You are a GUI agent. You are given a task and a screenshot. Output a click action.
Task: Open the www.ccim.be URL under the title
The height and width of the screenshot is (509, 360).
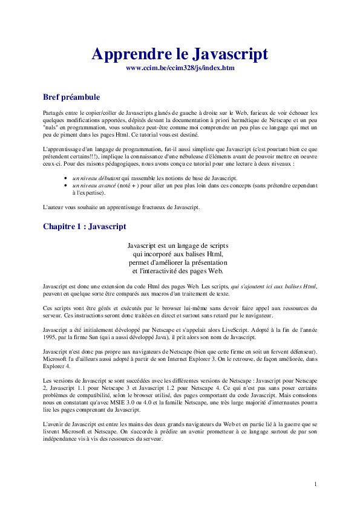click(180, 68)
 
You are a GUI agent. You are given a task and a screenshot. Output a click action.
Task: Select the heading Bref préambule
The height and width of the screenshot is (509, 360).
click(71, 97)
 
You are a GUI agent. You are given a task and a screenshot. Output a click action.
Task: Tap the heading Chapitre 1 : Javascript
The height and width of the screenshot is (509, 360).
click(85, 227)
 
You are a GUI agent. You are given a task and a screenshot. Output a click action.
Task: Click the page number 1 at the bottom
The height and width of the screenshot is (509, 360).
click(315, 484)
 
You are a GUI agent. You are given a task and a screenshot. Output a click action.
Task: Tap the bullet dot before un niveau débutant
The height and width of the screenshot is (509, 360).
click(65, 179)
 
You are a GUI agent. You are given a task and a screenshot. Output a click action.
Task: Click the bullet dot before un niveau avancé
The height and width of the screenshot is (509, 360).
click(65, 186)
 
